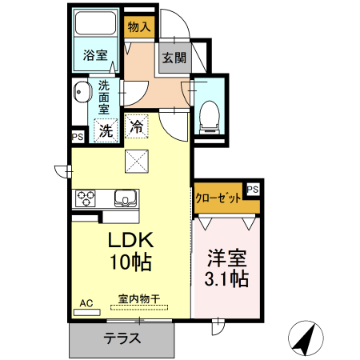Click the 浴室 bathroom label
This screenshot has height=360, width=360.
click(x=95, y=55)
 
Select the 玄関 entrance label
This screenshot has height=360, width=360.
click(x=174, y=58)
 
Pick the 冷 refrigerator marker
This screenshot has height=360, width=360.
click(x=137, y=126)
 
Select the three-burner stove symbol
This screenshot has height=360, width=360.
click(x=86, y=198)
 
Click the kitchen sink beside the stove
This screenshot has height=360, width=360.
click(x=126, y=198)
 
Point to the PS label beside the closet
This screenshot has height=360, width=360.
click(x=252, y=189)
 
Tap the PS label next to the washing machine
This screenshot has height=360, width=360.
click(x=78, y=137)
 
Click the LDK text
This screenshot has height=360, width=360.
click(x=131, y=239)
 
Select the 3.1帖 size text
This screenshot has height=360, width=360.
click(x=227, y=279)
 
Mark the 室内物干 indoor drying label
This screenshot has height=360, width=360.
click(x=139, y=298)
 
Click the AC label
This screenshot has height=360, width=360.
click(x=86, y=303)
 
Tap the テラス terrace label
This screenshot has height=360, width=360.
click(x=122, y=338)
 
